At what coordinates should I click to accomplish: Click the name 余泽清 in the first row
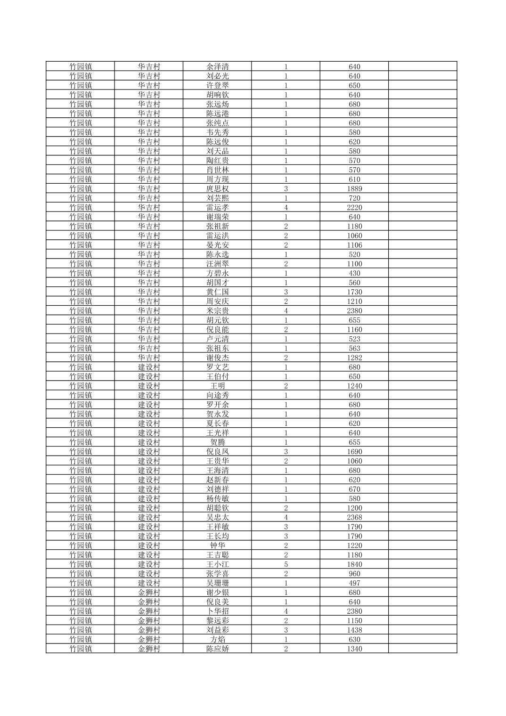(217, 66)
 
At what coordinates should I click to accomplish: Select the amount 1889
(354, 188)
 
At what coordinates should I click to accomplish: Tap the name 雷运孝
(217, 207)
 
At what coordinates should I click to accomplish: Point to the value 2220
(354, 207)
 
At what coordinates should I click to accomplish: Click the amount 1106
(354, 245)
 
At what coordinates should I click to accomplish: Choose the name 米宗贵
(217, 310)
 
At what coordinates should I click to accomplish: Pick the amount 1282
(354, 358)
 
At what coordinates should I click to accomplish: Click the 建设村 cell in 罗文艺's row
(149, 367)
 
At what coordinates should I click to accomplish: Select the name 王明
(217, 386)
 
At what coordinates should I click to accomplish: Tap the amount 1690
(354, 451)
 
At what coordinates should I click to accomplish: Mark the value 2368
(354, 517)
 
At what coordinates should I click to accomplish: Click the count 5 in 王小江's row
(286, 564)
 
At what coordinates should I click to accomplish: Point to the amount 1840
(354, 564)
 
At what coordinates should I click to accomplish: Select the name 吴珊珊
(217, 583)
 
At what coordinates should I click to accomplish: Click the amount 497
(354, 583)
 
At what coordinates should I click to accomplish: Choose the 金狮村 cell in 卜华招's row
(149, 611)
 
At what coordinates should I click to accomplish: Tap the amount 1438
(354, 630)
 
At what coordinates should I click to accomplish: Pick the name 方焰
(217, 639)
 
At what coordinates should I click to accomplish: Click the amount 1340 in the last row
(354, 649)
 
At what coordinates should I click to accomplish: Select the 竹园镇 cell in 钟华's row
(81, 545)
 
